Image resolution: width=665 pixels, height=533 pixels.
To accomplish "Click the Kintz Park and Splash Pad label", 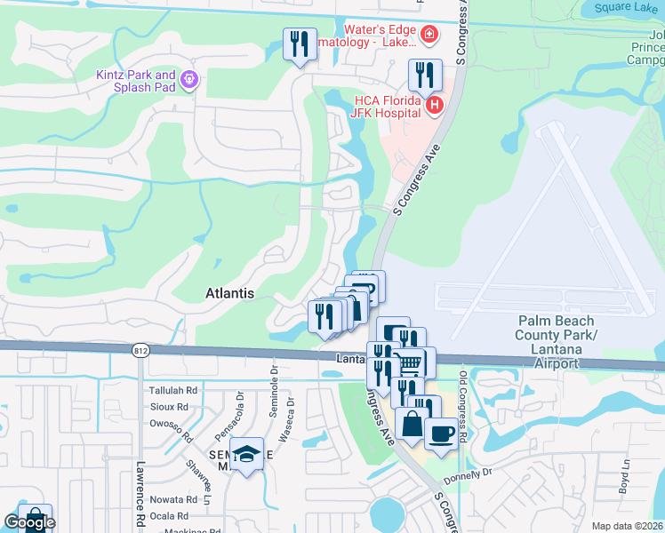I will [136, 81].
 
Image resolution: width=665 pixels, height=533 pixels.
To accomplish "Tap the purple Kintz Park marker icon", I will [188, 81].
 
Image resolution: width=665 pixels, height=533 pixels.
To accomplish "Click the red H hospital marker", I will [434, 107].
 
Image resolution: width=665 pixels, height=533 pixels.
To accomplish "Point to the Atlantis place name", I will [229, 292].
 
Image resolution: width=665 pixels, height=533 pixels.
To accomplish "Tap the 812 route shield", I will [141, 350].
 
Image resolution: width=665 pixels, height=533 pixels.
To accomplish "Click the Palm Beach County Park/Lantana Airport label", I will [557, 342].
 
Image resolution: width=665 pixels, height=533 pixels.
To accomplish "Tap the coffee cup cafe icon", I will [443, 434].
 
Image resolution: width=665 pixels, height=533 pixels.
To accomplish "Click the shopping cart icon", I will [408, 362].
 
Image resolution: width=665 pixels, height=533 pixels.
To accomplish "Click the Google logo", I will [29, 522].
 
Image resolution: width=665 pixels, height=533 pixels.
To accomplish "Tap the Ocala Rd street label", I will [169, 515].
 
